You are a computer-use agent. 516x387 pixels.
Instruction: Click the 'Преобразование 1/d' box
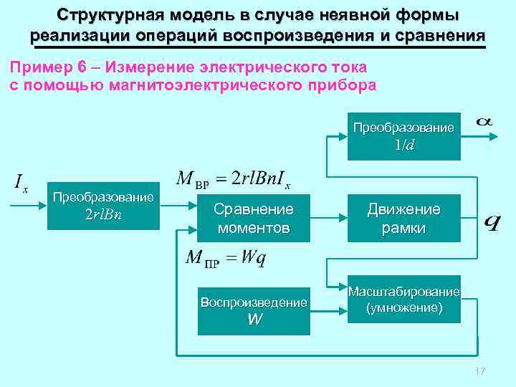(403, 135)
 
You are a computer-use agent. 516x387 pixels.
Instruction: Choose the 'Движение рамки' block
(403, 219)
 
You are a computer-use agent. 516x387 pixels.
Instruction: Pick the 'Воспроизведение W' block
(254, 310)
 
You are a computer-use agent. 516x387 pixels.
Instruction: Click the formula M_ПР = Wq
(225, 258)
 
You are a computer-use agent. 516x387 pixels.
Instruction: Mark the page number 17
(479, 371)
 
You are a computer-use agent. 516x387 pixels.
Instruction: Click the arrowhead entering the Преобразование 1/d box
(343, 134)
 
